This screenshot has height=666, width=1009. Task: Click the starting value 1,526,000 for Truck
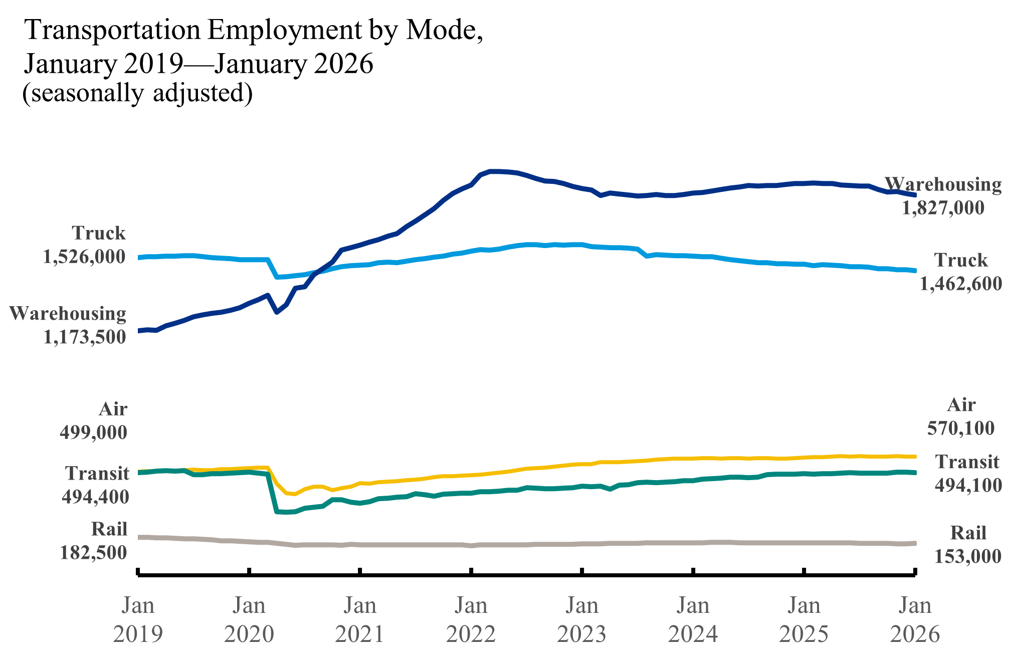(x=84, y=257)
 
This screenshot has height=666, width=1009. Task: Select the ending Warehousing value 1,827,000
(x=943, y=207)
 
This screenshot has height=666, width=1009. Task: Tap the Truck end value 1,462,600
(x=960, y=284)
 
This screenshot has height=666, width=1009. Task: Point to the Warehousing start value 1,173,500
(x=84, y=337)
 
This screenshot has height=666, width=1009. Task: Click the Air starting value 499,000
(x=93, y=432)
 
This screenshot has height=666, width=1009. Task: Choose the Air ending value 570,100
(x=960, y=428)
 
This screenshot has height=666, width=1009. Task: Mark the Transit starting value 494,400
(x=95, y=497)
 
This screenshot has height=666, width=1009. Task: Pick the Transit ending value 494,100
(x=968, y=485)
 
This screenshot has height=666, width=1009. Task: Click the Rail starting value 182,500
(x=93, y=553)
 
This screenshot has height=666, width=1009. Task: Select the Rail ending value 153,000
(x=968, y=556)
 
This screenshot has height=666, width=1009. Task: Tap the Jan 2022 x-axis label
(x=471, y=620)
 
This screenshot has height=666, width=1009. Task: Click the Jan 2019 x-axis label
(x=138, y=620)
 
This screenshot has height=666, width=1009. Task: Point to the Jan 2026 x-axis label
(x=915, y=620)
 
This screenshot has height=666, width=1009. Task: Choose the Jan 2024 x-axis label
(x=693, y=620)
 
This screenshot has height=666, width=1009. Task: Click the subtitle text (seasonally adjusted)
(x=137, y=93)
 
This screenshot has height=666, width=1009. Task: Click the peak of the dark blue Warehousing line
(x=494, y=171)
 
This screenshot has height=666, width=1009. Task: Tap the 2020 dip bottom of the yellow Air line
(x=295, y=494)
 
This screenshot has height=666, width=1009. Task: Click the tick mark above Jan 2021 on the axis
(x=360, y=571)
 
